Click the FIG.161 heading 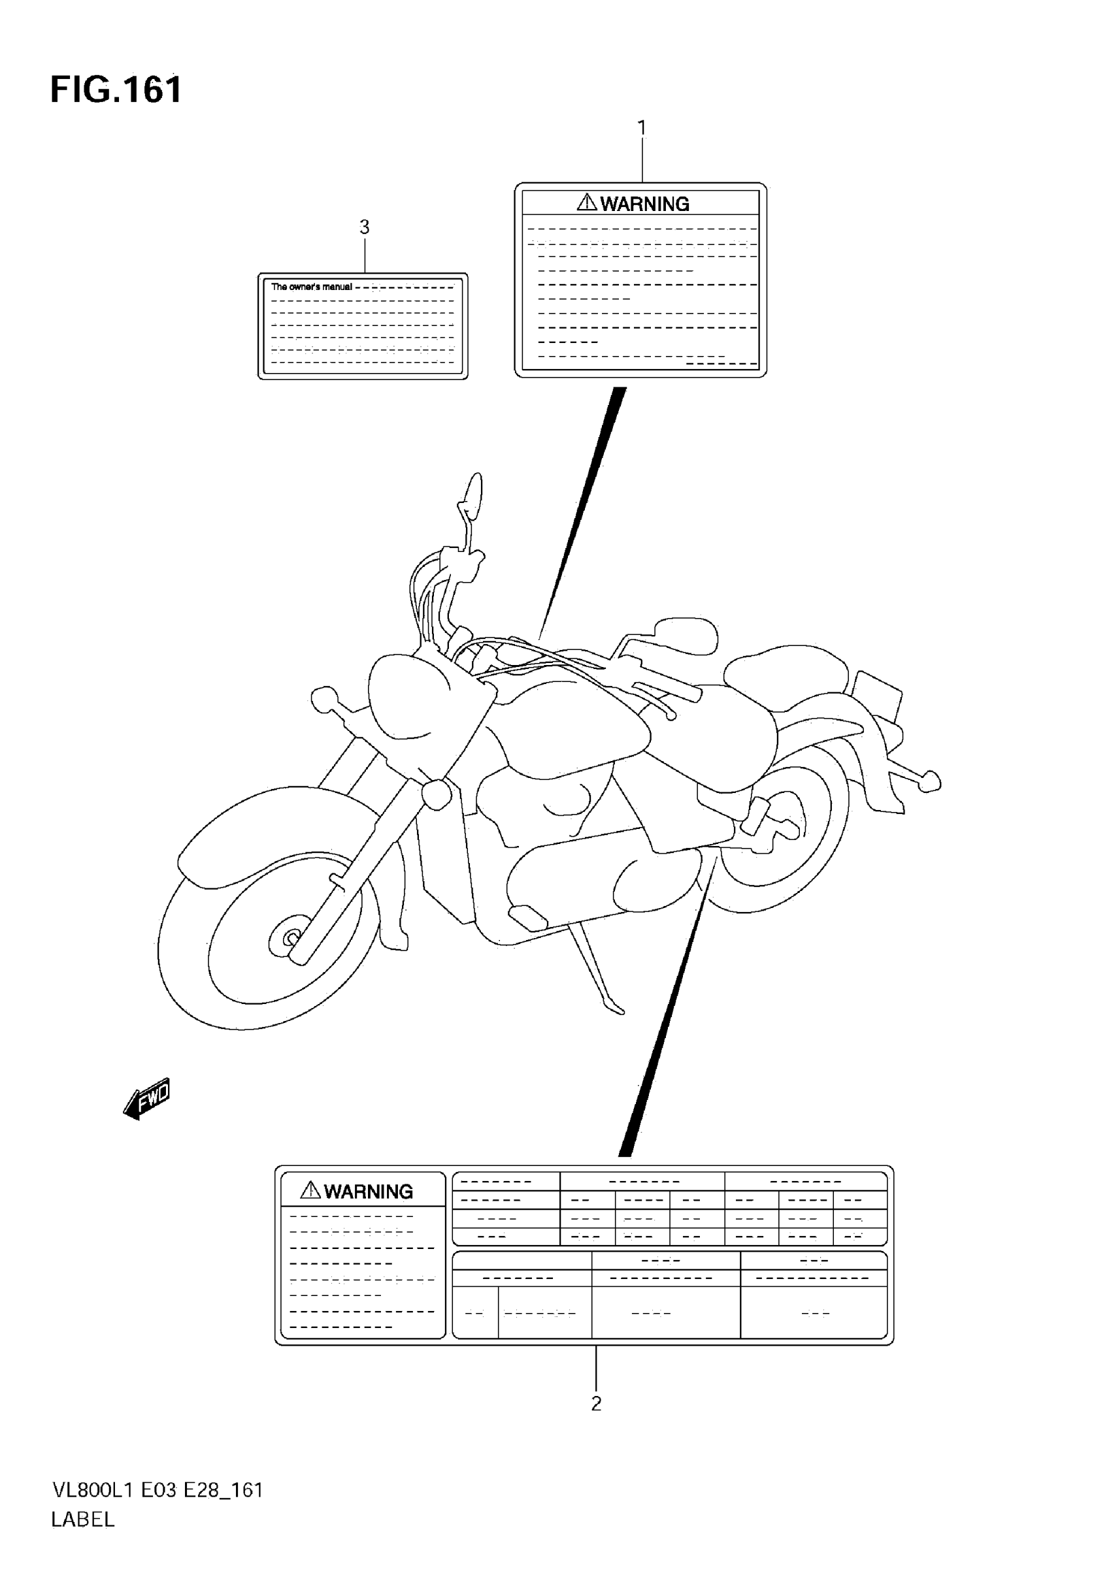(x=116, y=89)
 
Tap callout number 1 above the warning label (x=642, y=127)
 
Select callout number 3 (x=364, y=226)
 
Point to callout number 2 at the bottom (x=595, y=1403)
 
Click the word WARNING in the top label (x=644, y=204)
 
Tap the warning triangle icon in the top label (x=587, y=202)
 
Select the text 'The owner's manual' (x=311, y=287)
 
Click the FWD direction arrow (x=146, y=1099)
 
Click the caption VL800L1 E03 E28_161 (x=157, y=1489)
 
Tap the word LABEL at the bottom (x=82, y=1519)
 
